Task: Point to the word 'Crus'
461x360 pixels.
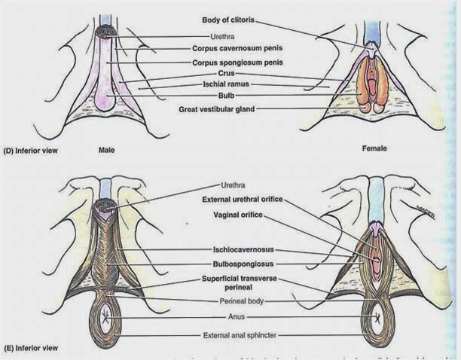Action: (226, 73)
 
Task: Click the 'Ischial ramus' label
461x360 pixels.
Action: (227, 84)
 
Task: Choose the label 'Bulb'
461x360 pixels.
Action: (226, 96)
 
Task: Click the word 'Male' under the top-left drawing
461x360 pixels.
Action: (107, 149)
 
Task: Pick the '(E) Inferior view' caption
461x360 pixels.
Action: (30, 349)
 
